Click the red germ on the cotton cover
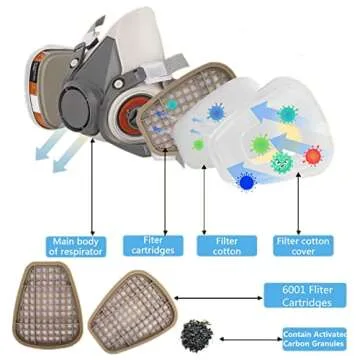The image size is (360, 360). [312, 155]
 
